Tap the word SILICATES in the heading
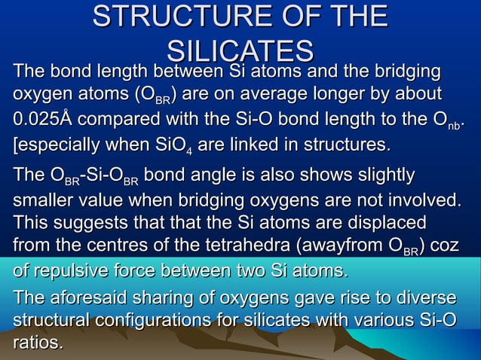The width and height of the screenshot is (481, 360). (240, 50)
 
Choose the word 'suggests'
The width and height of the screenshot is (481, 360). (91, 224)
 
